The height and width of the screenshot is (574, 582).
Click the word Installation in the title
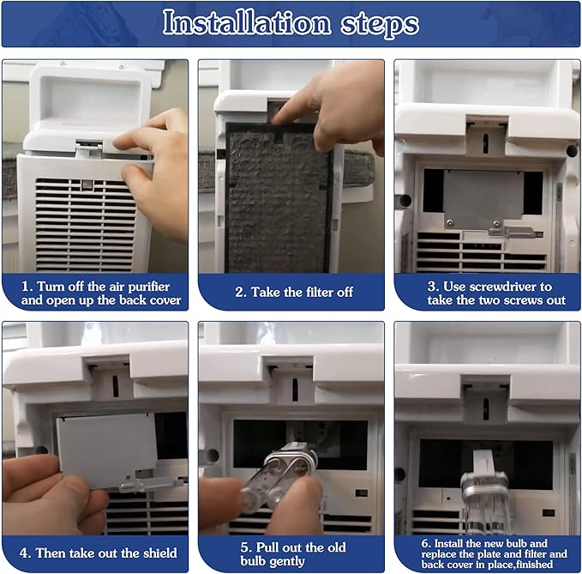pos(247,22)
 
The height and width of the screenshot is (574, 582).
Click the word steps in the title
pos(380,25)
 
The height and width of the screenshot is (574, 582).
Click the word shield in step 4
pos(160,553)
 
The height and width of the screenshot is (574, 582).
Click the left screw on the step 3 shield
pos(450,223)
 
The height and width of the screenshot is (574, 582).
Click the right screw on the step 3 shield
pos(496,223)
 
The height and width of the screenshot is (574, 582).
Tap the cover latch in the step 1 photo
pos(88,148)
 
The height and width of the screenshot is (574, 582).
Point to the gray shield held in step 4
pos(107,450)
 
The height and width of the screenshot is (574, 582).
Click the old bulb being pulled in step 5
pos(278,474)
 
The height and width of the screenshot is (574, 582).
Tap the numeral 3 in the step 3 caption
pos(432,287)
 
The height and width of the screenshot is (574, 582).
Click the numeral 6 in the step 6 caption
pos(425,543)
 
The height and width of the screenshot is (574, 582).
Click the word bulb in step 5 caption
pos(254,561)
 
